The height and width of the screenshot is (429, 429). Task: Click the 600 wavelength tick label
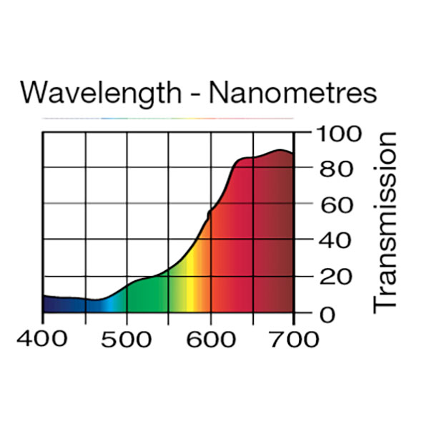coord(211,338)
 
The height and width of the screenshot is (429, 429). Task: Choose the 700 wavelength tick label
coord(294,338)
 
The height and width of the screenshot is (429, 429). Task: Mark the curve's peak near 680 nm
coord(279,150)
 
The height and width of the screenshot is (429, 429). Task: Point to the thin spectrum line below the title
coord(167,118)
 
